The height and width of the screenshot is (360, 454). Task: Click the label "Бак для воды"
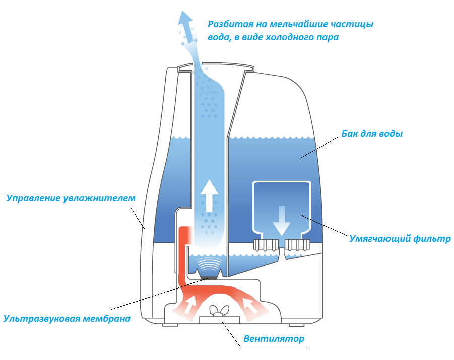tap(372, 134)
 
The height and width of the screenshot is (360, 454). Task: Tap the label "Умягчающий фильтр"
tap(400, 239)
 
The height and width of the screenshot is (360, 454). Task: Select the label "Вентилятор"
tap(274, 338)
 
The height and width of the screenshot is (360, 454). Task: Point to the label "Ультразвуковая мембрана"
tap(67, 319)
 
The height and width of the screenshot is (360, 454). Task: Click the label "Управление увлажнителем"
tap(71, 198)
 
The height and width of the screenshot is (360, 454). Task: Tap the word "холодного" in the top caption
tap(290, 37)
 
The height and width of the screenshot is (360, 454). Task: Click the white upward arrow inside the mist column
tap(209, 196)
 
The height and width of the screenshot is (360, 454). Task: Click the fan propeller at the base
tap(219, 311)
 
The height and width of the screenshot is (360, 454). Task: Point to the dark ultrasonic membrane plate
tap(209, 278)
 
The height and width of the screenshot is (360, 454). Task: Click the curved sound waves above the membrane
tap(209, 264)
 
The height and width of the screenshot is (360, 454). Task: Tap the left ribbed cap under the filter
tap(266, 245)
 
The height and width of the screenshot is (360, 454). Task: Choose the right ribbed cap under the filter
tap(297, 245)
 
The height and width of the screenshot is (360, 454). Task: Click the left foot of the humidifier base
tap(170, 325)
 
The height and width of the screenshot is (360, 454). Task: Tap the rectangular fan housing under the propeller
tap(220, 320)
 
